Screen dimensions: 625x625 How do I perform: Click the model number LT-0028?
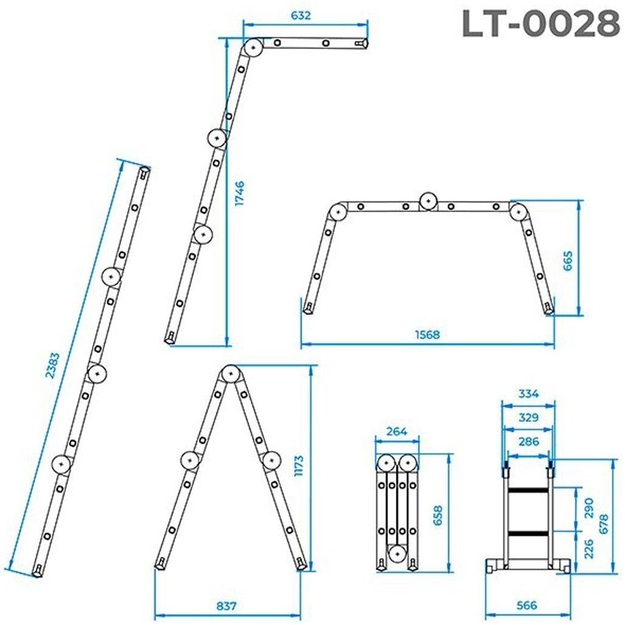tap(541, 24)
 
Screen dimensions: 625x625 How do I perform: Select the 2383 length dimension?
tap(52, 365)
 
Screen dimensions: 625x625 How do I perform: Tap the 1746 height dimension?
tap(240, 193)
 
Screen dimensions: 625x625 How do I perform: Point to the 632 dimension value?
tap(300, 16)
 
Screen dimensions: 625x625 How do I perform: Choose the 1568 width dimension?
tap(427, 334)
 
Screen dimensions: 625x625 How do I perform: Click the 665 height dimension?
tap(568, 261)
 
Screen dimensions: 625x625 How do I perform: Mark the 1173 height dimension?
tap(299, 466)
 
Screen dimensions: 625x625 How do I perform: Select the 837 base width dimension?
tap(226, 606)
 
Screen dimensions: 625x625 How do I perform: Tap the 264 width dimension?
tap(397, 431)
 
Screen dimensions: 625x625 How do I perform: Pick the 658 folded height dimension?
tap(438, 516)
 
